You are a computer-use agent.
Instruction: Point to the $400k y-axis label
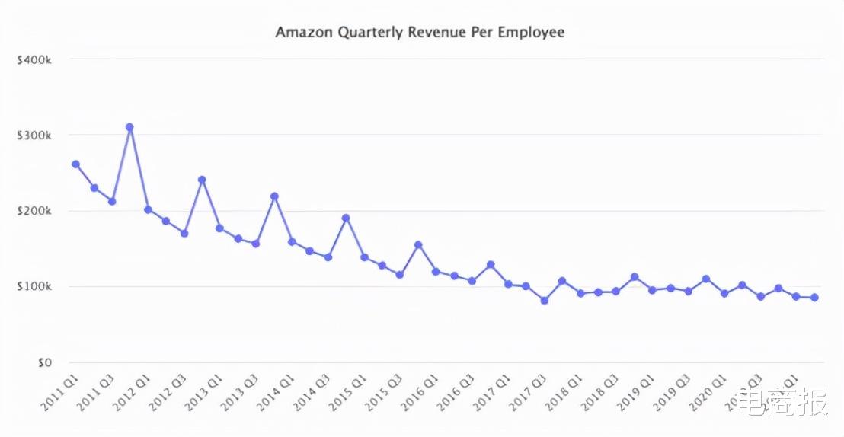click(34, 59)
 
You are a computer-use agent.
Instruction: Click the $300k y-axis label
click(34, 135)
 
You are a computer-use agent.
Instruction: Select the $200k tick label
click(34, 211)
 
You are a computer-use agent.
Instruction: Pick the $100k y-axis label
click(34, 287)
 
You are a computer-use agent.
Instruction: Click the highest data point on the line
click(129, 127)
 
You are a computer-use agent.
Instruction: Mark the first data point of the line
click(75, 164)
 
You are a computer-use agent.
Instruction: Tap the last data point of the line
click(814, 298)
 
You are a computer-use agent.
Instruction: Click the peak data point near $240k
click(202, 180)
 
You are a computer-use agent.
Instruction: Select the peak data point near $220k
click(274, 196)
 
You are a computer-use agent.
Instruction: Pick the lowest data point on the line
click(544, 301)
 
